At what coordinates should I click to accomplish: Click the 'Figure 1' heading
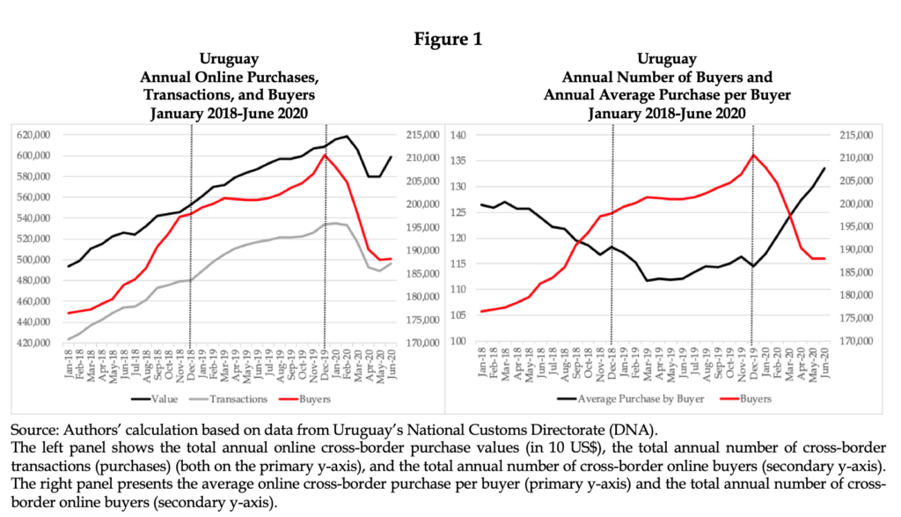click(450, 39)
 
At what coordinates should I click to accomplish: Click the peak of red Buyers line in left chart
click(325, 155)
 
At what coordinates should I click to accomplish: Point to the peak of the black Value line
click(346, 137)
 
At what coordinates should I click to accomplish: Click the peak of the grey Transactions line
click(335, 223)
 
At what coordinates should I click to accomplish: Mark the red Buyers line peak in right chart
click(752, 155)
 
